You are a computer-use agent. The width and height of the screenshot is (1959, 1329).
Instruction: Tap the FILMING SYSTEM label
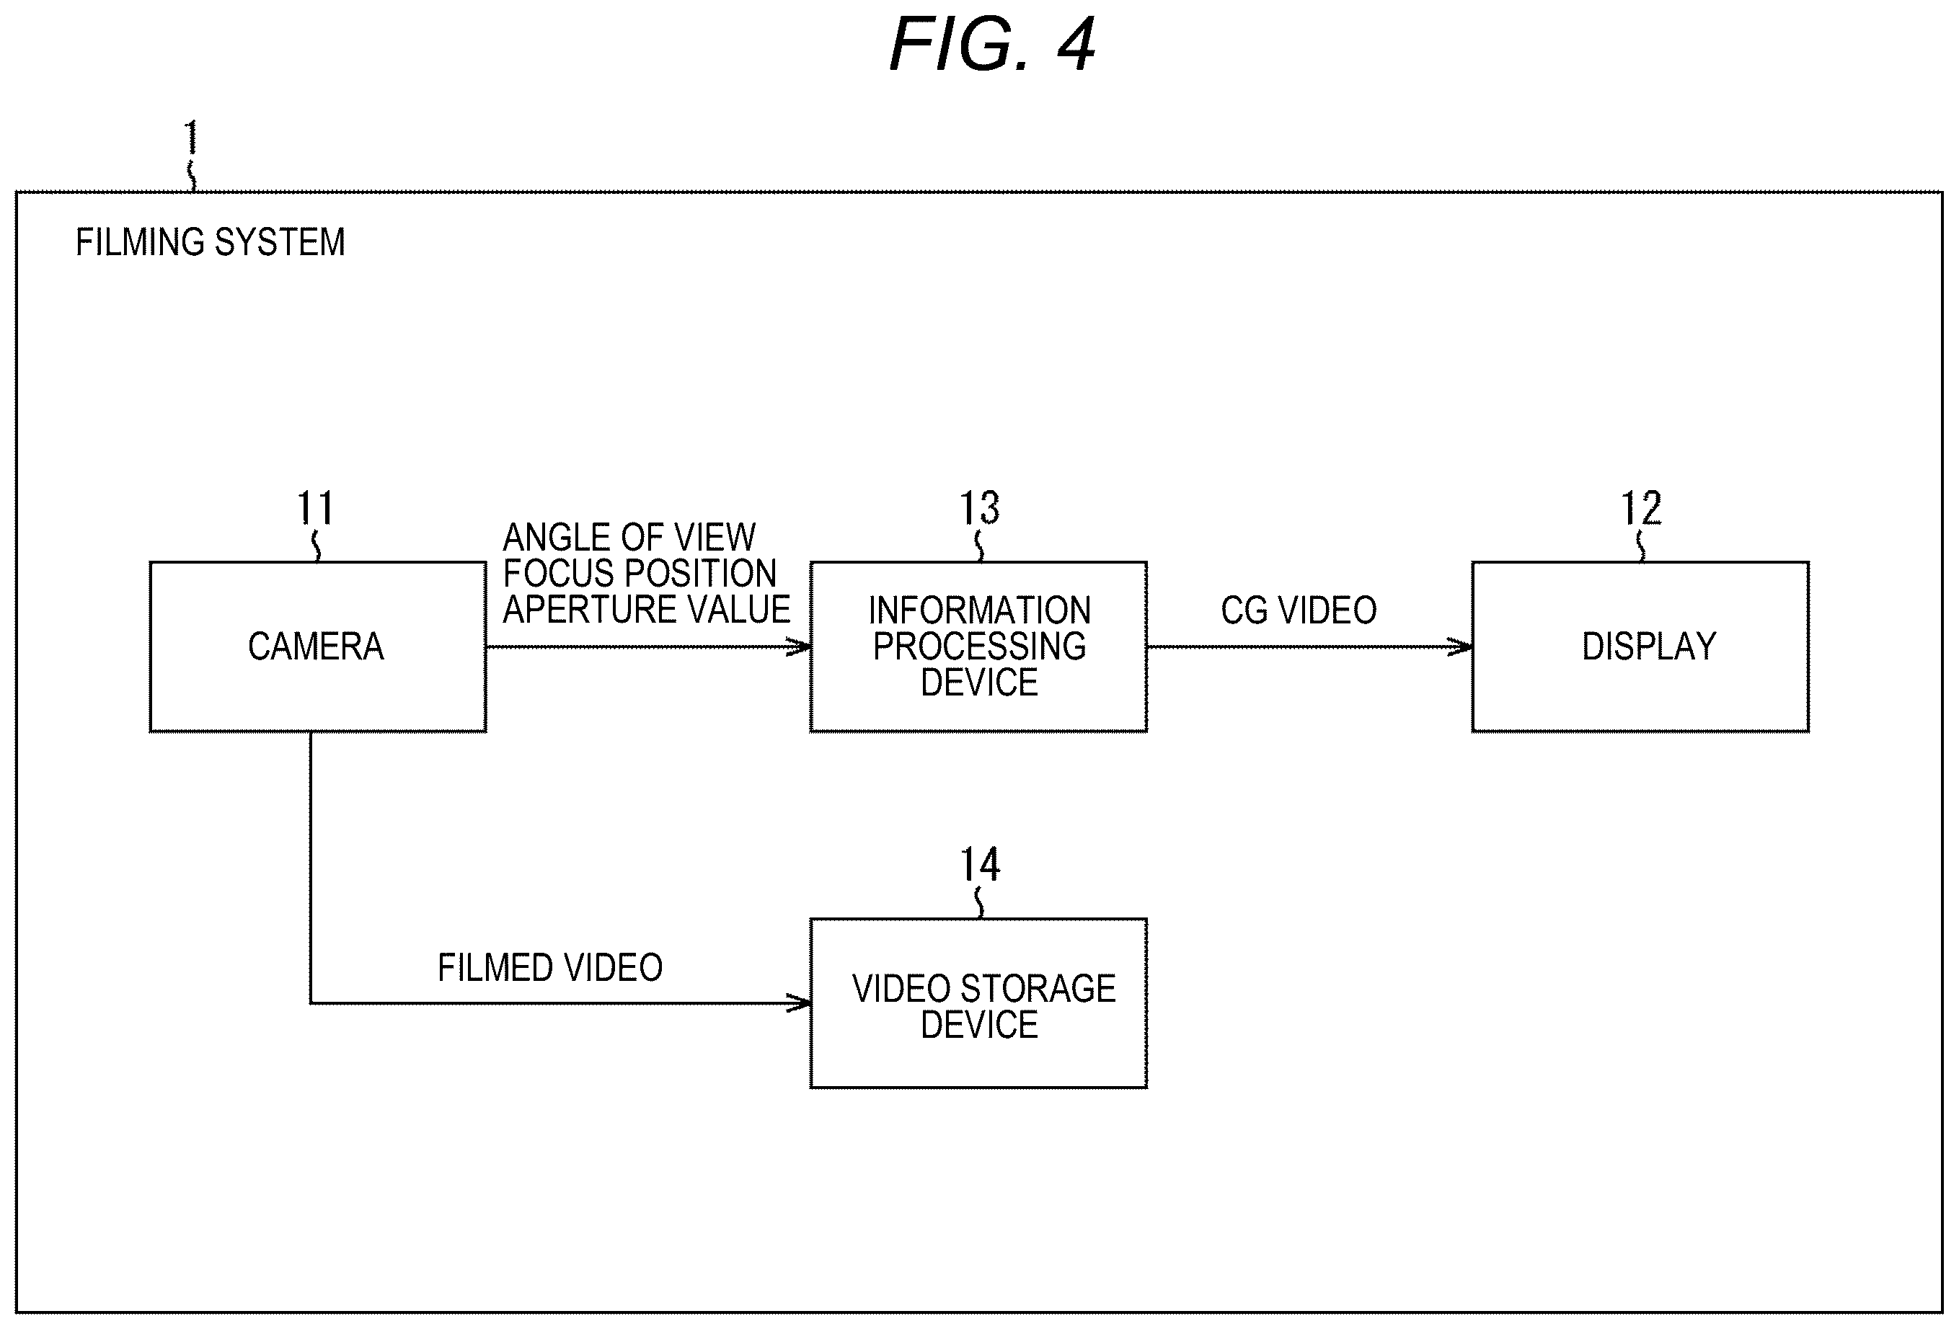point(211,242)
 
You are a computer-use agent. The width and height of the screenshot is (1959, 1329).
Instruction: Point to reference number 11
point(315,508)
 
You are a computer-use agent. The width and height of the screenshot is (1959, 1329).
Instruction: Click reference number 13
point(979,508)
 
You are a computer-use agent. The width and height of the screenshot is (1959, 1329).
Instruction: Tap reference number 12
point(1641,508)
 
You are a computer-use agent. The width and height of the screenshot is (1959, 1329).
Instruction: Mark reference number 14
point(979,865)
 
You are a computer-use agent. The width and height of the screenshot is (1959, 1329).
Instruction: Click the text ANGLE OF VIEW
point(629,537)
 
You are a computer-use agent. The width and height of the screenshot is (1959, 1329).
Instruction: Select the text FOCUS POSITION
point(640,573)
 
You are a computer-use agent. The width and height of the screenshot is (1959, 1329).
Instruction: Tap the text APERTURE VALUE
point(647,609)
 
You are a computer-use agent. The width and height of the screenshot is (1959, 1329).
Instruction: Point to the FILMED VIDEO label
point(550,967)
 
